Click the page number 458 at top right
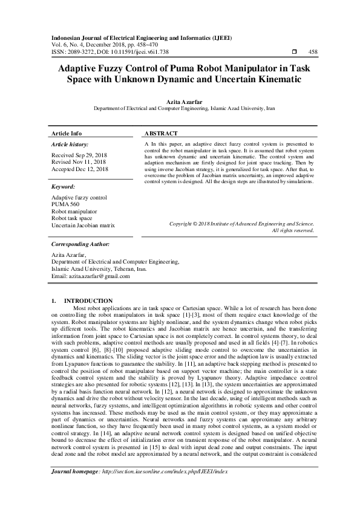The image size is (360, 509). (x=313, y=53)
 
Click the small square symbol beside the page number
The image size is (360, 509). (x=294, y=53)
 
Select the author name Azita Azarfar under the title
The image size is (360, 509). (x=180, y=102)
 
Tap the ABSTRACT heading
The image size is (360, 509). (x=161, y=133)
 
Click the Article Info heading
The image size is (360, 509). (x=67, y=133)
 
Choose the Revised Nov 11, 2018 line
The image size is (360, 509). (x=79, y=162)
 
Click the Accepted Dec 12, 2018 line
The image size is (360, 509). (x=79, y=169)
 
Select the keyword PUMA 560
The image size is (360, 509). (x=65, y=205)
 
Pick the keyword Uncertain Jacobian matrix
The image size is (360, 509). (x=83, y=225)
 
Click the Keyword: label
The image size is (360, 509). (x=64, y=187)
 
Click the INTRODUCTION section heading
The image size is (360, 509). (x=88, y=300)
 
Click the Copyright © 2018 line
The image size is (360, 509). (x=241, y=224)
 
